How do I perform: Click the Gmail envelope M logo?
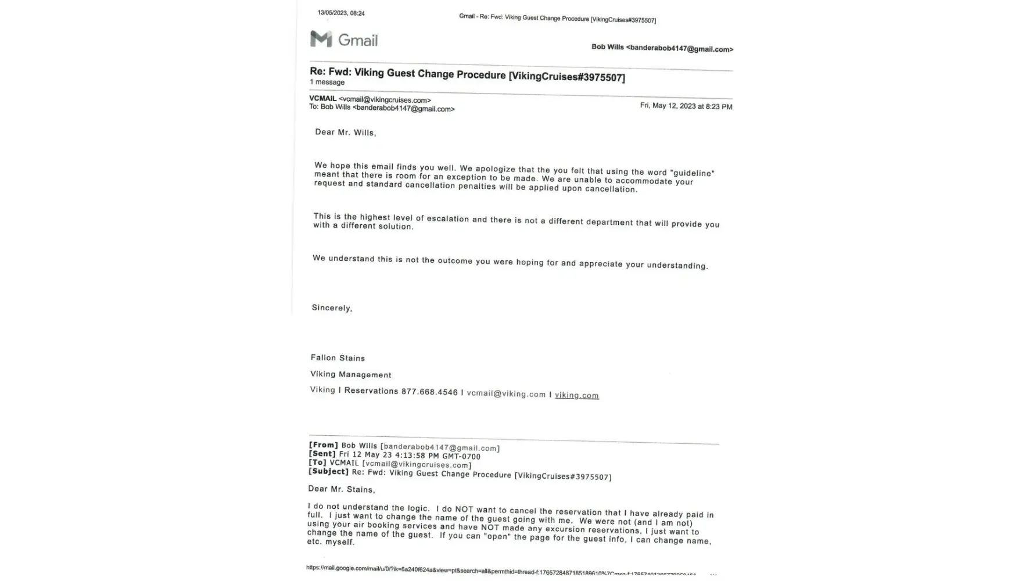pyautogui.click(x=321, y=39)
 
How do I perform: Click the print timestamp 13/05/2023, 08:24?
pyautogui.click(x=341, y=13)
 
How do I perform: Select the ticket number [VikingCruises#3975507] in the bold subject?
pyautogui.click(x=566, y=77)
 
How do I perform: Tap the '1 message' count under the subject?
pyautogui.click(x=327, y=83)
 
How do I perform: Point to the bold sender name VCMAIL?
pyautogui.click(x=322, y=98)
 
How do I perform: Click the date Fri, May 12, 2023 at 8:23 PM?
pyautogui.click(x=686, y=106)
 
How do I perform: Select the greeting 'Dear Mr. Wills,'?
pyautogui.click(x=345, y=132)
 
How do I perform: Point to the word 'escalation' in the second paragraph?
pyautogui.click(x=447, y=218)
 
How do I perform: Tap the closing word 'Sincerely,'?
pyautogui.click(x=332, y=308)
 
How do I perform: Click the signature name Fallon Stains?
pyautogui.click(x=338, y=358)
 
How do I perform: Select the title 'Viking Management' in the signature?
pyautogui.click(x=350, y=375)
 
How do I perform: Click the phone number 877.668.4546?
pyautogui.click(x=429, y=392)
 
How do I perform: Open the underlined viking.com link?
pyautogui.click(x=576, y=395)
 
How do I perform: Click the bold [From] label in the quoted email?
pyautogui.click(x=323, y=445)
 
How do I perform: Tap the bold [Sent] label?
pyautogui.click(x=322, y=454)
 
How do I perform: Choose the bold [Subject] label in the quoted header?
pyautogui.click(x=328, y=471)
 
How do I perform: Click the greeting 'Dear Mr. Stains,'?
pyautogui.click(x=341, y=489)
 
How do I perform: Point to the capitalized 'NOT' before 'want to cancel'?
pyautogui.click(x=464, y=510)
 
